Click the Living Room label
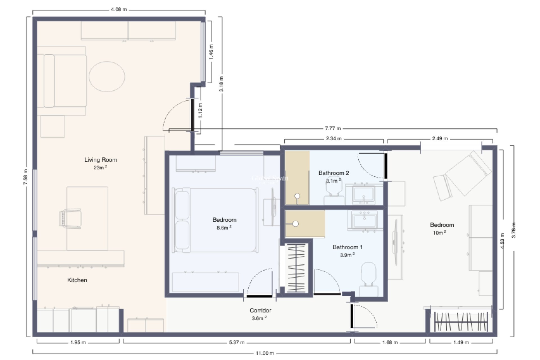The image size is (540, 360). pyautogui.click(x=101, y=160)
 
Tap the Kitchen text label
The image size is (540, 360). pyautogui.click(x=77, y=280)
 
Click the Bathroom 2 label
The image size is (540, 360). pyautogui.click(x=334, y=173)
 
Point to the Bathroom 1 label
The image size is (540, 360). pyautogui.click(x=347, y=247)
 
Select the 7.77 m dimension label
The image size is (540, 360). pyautogui.click(x=333, y=129)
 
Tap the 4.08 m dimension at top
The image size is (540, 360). pyautogui.click(x=119, y=10)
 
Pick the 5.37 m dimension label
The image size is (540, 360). pyautogui.click(x=237, y=343)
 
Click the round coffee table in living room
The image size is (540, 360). pyautogui.click(x=107, y=76)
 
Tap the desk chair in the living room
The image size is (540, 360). pyautogui.click(x=70, y=218)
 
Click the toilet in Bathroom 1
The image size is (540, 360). pyautogui.click(x=368, y=275)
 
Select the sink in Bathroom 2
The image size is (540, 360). pyautogui.click(x=364, y=194)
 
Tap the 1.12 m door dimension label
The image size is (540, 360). pyautogui.click(x=200, y=110)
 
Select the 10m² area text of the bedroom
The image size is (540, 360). pyautogui.click(x=440, y=233)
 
